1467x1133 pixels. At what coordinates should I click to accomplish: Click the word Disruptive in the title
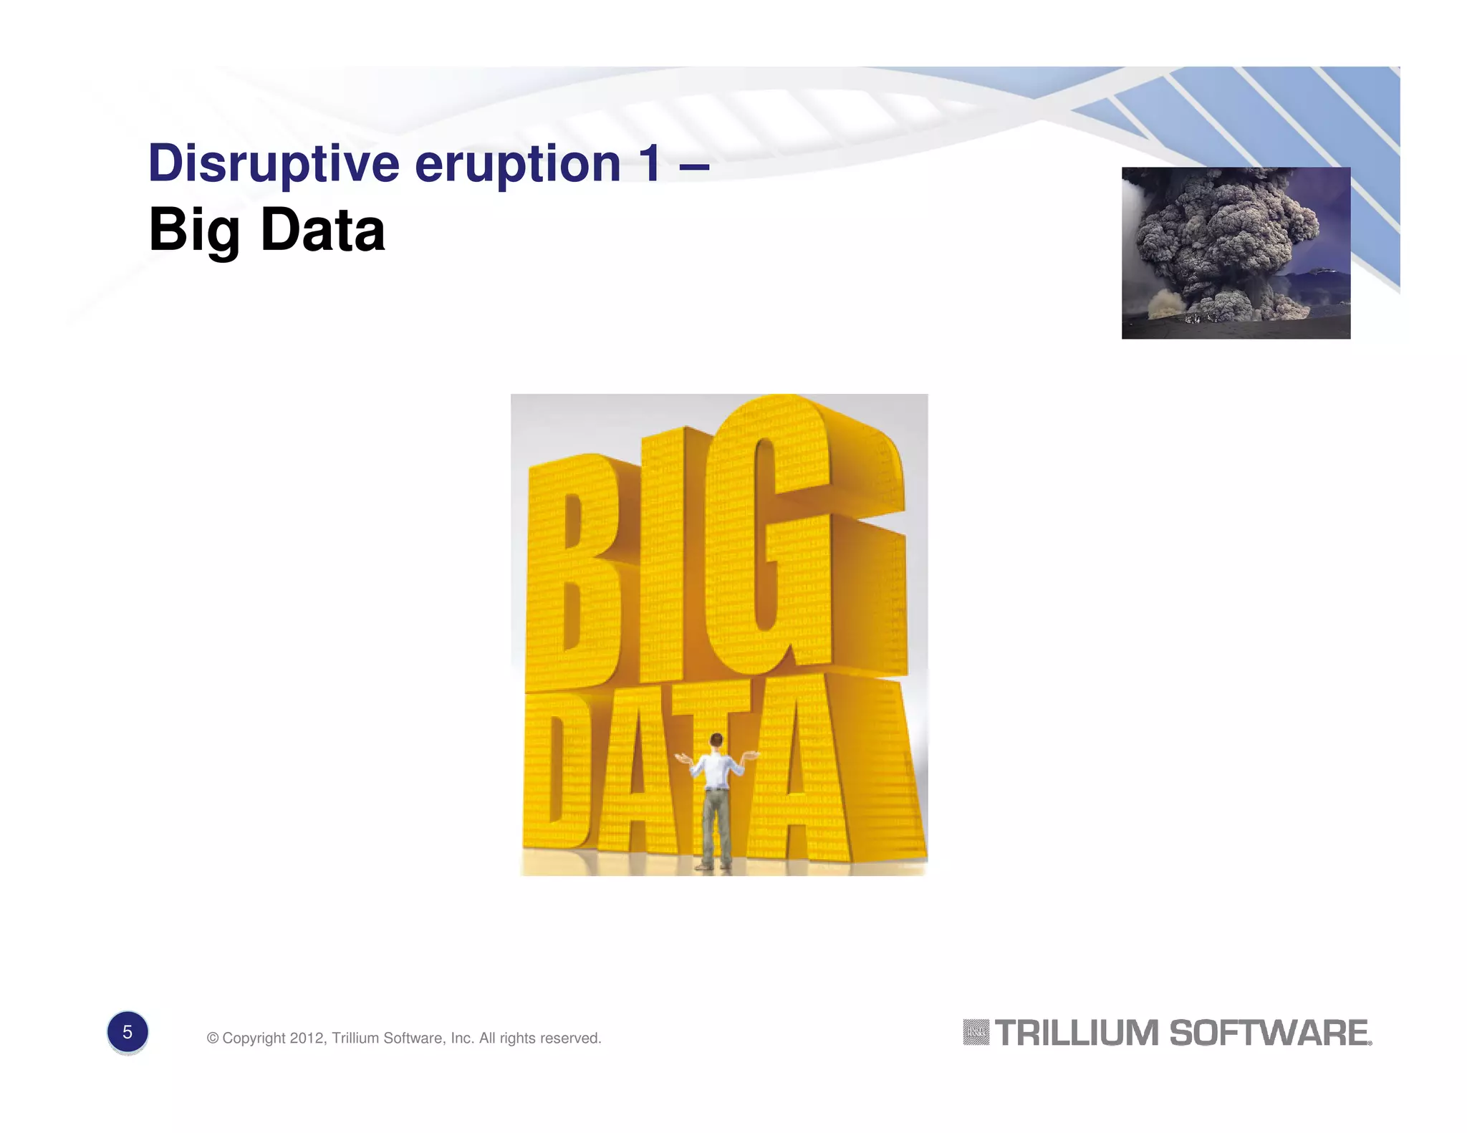click(273, 164)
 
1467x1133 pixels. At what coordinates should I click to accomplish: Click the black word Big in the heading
click(193, 231)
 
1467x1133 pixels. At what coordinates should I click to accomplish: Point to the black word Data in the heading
click(322, 231)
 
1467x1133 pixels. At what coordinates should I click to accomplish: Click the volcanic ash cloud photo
click(1236, 252)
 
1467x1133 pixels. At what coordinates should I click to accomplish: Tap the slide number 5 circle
click(128, 1032)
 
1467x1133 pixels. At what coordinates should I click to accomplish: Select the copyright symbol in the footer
click(213, 1038)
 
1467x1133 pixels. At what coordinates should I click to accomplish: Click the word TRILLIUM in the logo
click(1077, 1033)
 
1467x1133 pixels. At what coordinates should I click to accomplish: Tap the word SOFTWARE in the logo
click(1269, 1033)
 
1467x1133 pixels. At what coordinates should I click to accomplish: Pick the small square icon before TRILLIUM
click(976, 1032)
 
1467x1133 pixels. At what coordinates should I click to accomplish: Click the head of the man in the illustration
click(716, 741)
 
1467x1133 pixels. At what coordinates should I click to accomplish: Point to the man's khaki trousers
click(716, 824)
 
